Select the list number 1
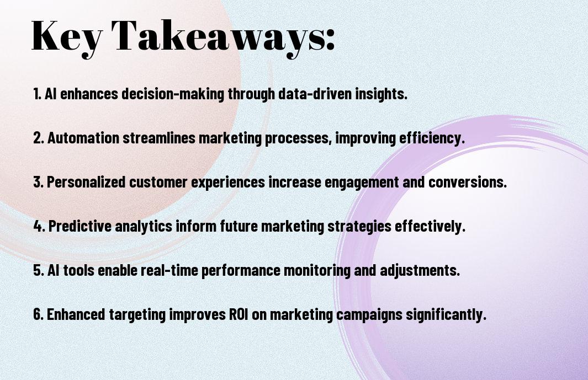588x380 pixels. click(x=37, y=94)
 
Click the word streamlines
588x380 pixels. click(x=159, y=138)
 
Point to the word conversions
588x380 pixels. click(x=467, y=182)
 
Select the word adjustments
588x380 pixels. click(x=420, y=270)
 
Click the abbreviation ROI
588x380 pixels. click(x=239, y=314)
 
